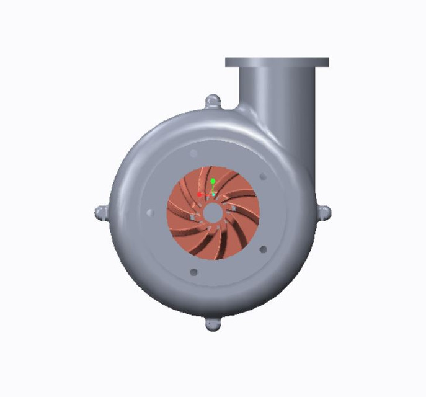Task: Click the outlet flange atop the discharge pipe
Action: click(x=277, y=62)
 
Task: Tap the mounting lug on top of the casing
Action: click(x=213, y=101)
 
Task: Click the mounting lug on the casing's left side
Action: click(x=101, y=213)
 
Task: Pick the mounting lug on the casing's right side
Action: click(x=324, y=213)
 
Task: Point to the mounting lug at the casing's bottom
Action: click(x=213, y=324)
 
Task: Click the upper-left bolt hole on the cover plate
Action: click(x=193, y=153)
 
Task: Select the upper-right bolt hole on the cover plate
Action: click(x=263, y=176)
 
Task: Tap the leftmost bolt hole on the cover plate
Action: click(x=149, y=213)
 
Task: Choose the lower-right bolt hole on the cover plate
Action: click(x=263, y=249)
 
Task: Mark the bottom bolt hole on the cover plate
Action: click(x=193, y=272)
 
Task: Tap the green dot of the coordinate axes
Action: click(x=213, y=181)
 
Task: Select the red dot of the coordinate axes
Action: click(x=200, y=194)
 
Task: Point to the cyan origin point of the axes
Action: click(x=213, y=194)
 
